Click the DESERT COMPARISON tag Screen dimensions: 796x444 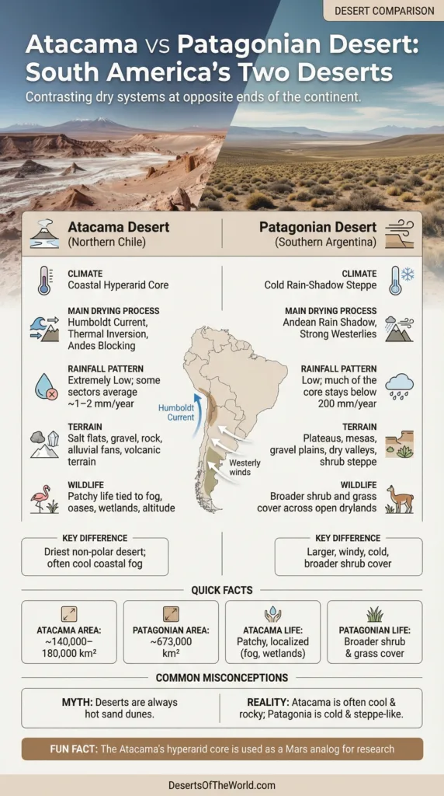(384, 11)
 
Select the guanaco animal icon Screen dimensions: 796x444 (400, 497)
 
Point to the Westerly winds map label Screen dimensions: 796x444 (245, 467)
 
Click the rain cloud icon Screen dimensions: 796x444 (400, 385)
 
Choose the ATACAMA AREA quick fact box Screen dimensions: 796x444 (69, 631)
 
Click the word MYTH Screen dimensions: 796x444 (78, 702)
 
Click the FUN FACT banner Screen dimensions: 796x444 (222, 749)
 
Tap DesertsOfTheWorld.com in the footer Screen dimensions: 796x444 (222, 785)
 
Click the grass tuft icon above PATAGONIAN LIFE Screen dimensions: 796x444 (375, 614)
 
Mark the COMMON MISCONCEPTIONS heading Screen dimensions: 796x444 (222, 677)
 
